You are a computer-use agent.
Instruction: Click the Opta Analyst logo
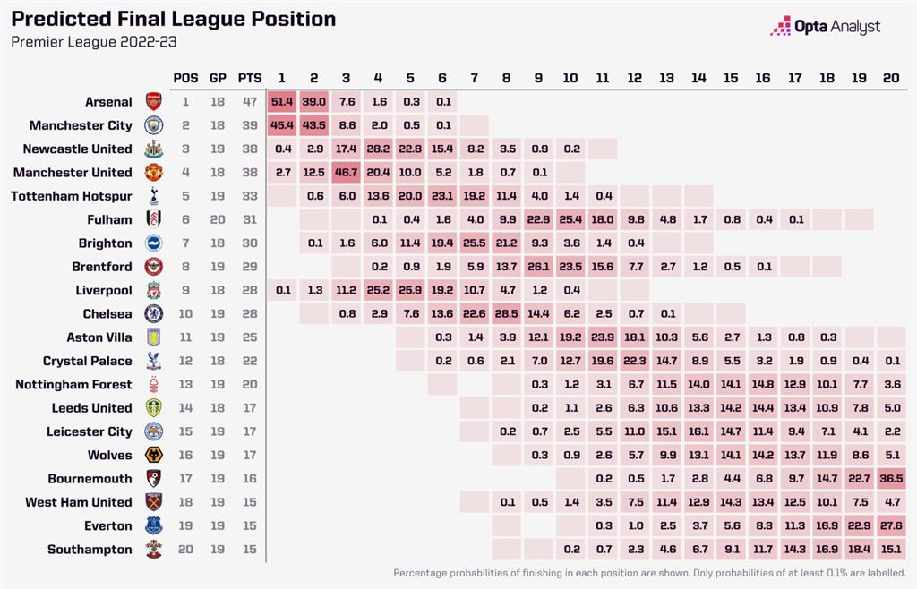[825, 26]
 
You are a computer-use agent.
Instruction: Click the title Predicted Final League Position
[174, 19]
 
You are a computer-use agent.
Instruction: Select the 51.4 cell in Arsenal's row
[282, 102]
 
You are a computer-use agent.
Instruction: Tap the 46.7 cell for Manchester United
[347, 173]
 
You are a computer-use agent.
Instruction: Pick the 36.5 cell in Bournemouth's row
[891, 479]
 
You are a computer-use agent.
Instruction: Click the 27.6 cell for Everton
[891, 525]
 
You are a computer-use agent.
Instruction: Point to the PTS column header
[250, 78]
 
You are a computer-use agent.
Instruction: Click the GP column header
[218, 78]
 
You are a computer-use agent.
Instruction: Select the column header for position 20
[891, 78]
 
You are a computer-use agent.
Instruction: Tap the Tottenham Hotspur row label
[71, 196]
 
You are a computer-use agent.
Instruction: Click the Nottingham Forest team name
[73, 384]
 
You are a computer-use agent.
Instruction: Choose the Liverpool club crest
[153, 291]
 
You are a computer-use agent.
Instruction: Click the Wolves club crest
[153, 456]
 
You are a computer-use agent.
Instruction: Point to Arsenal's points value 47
[250, 102]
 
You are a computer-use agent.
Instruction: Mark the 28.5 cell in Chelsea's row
[507, 314]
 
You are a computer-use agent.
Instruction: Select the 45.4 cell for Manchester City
[282, 125]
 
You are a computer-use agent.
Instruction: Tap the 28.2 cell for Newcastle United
[379, 149]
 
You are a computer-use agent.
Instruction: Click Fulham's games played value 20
[218, 219]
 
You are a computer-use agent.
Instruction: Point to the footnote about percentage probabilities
[650, 573]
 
